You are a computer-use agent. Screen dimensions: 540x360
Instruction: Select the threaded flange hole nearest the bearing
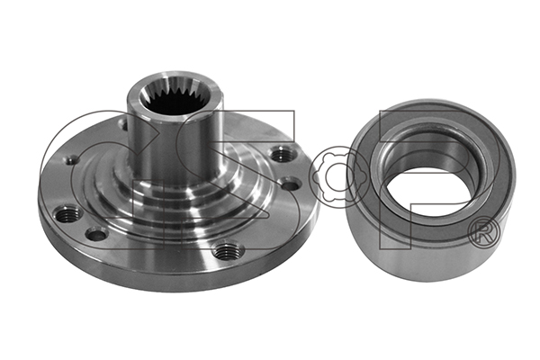click(x=283, y=153)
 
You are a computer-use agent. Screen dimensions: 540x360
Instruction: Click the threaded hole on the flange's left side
click(x=67, y=215)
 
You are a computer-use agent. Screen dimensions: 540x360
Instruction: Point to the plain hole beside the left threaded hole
click(x=97, y=235)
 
